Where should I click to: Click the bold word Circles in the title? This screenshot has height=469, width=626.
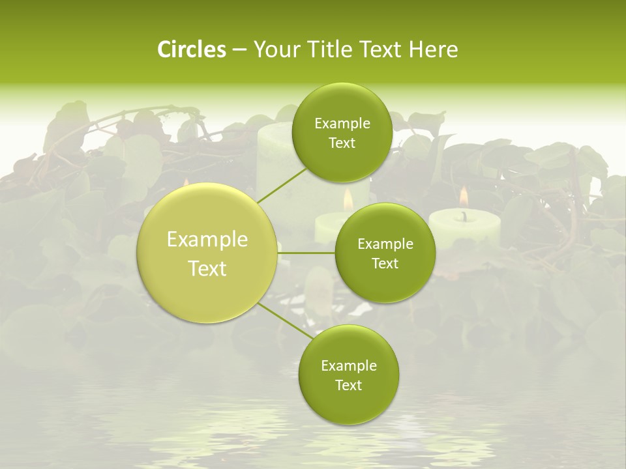click(192, 50)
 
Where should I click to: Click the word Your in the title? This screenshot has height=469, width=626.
click(276, 50)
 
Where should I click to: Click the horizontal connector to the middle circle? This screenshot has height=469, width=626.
click(306, 253)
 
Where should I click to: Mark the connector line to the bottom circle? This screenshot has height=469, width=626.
click(285, 320)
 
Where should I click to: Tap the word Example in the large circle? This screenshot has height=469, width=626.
click(207, 240)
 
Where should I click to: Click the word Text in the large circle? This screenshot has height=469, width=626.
click(207, 268)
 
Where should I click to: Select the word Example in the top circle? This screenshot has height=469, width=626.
click(342, 124)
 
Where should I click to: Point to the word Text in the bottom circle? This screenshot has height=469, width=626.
click(348, 386)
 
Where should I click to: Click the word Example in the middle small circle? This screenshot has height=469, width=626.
click(385, 244)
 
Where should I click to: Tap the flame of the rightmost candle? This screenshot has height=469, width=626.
click(464, 195)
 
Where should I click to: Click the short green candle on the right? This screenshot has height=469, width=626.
click(464, 228)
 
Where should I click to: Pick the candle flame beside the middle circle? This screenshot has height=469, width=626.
click(348, 199)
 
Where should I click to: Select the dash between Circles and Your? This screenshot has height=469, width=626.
click(239, 50)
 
